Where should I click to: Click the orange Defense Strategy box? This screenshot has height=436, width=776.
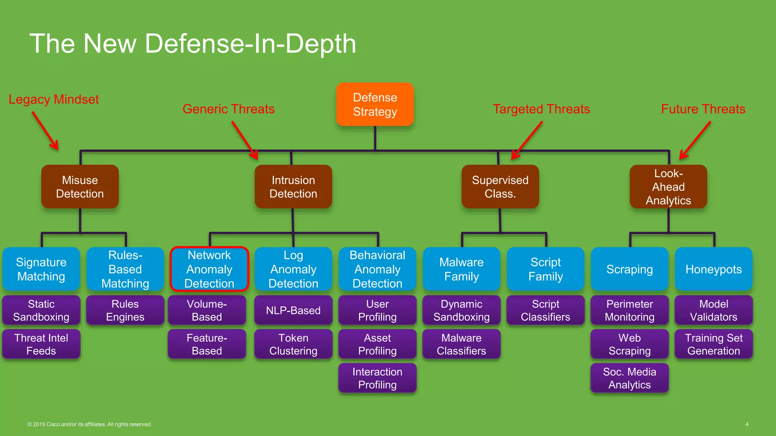click(375, 104)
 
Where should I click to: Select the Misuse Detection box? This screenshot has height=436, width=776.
click(80, 187)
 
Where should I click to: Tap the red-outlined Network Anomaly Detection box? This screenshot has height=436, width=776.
click(209, 269)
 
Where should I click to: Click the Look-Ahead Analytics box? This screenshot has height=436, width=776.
click(668, 187)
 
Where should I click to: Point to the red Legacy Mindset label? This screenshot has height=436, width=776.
click(53, 99)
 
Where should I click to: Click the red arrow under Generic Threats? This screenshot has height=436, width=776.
click(245, 140)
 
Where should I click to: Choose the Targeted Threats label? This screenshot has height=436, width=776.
click(541, 109)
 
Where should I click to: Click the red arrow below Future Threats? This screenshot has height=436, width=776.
click(695, 140)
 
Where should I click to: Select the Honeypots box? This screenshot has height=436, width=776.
click(713, 269)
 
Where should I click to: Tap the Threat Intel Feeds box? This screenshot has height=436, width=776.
click(41, 344)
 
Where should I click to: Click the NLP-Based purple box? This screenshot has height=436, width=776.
click(293, 310)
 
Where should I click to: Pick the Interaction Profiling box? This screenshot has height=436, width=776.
click(377, 378)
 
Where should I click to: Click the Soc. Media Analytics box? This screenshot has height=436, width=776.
click(629, 378)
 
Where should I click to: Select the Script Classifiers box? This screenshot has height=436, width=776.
click(545, 310)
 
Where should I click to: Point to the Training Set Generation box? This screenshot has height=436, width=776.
click(713, 344)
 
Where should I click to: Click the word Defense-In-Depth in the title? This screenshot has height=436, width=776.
click(250, 44)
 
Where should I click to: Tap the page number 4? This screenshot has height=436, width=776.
click(747, 424)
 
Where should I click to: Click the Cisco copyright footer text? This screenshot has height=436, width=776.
click(89, 424)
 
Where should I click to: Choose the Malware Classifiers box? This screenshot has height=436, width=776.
click(461, 344)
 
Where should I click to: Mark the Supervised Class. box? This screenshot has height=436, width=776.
click(500, 187)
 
